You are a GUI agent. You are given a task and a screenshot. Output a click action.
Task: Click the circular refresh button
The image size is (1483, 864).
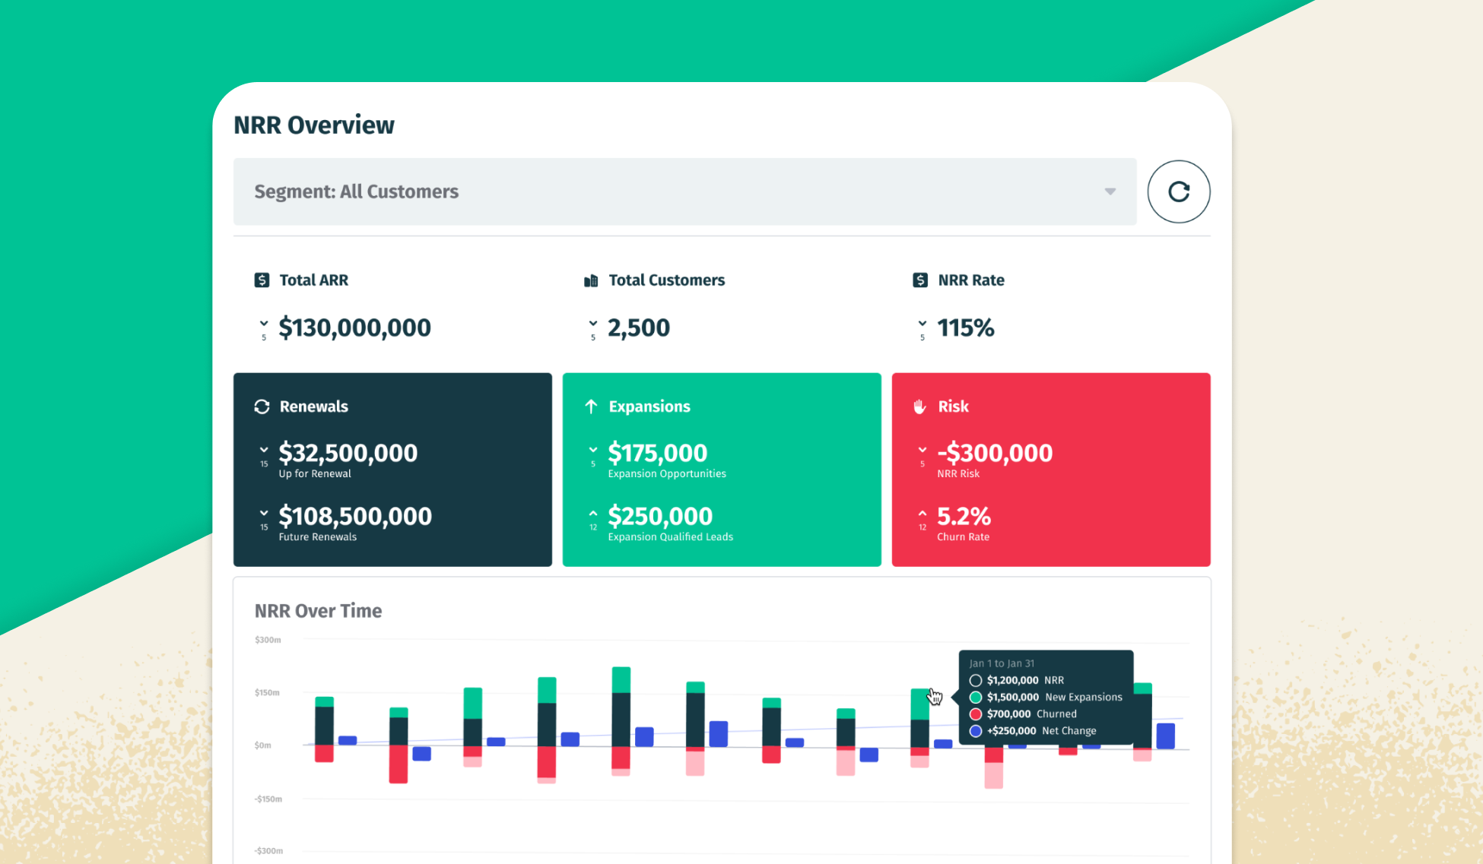[x=1178, y=191]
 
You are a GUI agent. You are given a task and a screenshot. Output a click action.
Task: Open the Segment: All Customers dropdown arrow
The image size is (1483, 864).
[x=1110, y=191]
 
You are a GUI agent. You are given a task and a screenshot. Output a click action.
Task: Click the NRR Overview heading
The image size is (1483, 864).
[x=313, y=125]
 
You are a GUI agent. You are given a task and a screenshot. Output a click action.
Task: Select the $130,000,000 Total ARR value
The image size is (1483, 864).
[x=354, y=328]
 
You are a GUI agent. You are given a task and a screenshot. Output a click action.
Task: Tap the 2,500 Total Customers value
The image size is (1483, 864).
[x=638, y=328]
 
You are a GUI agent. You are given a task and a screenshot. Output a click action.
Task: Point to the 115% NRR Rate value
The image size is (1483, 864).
[x=965, y=328]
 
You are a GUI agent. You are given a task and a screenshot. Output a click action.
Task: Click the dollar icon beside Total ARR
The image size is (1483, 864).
[x=262, y=280]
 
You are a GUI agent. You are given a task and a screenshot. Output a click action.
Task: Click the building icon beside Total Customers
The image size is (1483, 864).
[x=591, y=281]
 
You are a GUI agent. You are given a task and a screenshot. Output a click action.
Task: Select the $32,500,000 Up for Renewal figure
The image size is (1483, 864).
[x=348, y=453]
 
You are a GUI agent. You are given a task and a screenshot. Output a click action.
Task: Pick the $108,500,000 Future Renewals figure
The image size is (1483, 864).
[x=354, y=516]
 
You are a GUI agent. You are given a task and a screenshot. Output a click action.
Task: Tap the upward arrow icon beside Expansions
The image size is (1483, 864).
[x=591, y=407]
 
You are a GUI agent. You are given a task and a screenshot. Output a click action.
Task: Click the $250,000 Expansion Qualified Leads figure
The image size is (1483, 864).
[x=660, y=516]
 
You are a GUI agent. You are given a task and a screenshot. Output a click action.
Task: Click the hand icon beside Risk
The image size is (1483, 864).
[x=919, y=407]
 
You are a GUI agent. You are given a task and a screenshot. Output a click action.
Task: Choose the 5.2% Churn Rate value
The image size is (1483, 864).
[x=964, y=516]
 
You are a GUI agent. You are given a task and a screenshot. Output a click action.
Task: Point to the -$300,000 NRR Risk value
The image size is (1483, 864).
[x=995, y=453]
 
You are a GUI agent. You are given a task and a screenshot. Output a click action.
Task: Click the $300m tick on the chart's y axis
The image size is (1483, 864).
[x=268, y=640]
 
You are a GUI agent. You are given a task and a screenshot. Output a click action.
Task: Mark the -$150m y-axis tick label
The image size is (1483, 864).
[x=268, y=799]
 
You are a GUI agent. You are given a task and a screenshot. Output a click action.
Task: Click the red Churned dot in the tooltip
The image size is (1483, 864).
[x=976, y=714]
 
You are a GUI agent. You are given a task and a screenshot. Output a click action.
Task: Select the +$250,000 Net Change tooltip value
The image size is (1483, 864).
[x=1011, y=731]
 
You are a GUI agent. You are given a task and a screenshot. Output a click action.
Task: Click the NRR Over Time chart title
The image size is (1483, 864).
[x=318, y=611]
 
